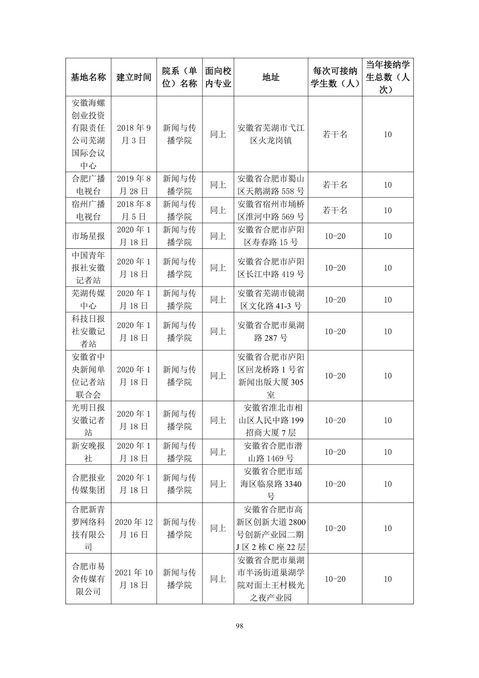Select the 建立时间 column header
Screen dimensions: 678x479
pyautogui.click(x=134, y=77)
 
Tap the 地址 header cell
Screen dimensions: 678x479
pyautogui.click(x=271, y=77)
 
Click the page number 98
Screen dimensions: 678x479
pyautogui.click(x=239, y=626)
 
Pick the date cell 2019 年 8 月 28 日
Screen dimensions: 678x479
pyautogui.click(x=134, y=185)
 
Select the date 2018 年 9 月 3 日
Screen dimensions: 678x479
pyautogui.click(x=134, y=134)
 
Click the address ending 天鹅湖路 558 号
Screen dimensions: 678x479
pyautogui.click(x=271, y=185)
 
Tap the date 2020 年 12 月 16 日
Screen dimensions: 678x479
pyautogui.click(x=134, y=528)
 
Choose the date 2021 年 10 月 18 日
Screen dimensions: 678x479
pyautogui.click(x=134, y=579)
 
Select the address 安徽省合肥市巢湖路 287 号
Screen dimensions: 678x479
pyautogui.click(x=271, y=331)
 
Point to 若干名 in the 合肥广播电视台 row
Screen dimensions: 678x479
pyautogui.click(x=335, y=185)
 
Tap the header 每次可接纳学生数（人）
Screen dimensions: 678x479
pyautogui.click(x=335, y=77)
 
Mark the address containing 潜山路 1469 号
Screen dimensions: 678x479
pyautogui.click(x=271, y=452)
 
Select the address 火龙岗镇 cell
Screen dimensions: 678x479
pyautogui.click(x=271, y=134)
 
